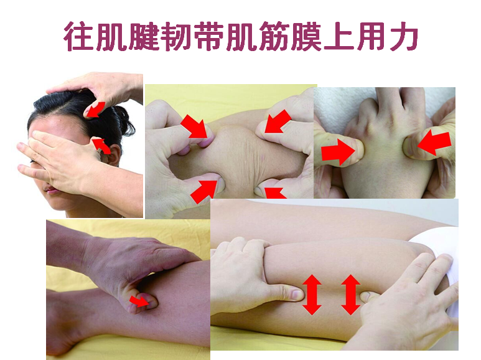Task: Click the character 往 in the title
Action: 79,36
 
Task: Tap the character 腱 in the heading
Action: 144,36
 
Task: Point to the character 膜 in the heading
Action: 306,36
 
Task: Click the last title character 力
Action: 403,36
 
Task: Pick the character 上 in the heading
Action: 339,36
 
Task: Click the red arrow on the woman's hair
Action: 95,110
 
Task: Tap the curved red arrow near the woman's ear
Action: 102,146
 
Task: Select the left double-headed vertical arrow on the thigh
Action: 312,295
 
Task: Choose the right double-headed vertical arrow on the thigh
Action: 350,295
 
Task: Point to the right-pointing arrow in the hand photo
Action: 339,152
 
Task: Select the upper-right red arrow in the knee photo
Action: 277,122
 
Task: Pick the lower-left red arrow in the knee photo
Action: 204,191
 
